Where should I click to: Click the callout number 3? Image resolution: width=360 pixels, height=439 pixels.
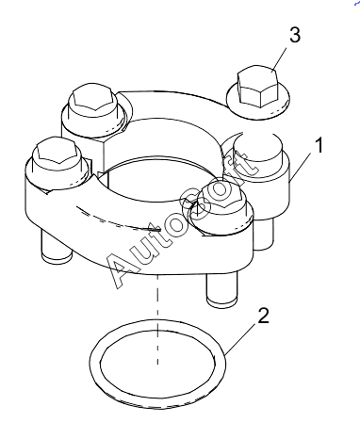(x=295, y=35)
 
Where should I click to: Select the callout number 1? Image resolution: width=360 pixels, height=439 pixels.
(x=319, y=145)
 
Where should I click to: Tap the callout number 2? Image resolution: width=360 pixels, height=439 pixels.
(x=263, y=316)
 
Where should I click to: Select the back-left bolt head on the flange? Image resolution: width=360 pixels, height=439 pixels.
(x=92, y=100)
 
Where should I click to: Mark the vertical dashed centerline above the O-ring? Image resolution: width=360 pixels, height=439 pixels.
(x=157, y=318)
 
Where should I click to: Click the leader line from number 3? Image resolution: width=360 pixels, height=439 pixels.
(x=279, y=58)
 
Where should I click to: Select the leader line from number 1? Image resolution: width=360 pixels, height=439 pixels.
(x=301, y=166)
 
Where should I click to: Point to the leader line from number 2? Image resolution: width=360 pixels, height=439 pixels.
(x=241, y=340)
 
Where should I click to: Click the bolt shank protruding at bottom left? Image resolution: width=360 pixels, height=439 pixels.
(x=57, y=247)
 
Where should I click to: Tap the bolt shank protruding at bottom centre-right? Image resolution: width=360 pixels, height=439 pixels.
(x=221, y=287)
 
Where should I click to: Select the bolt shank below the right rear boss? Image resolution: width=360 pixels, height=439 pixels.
(x=263, y=234)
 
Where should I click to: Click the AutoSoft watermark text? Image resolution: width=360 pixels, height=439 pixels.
(x=183, y=219)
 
